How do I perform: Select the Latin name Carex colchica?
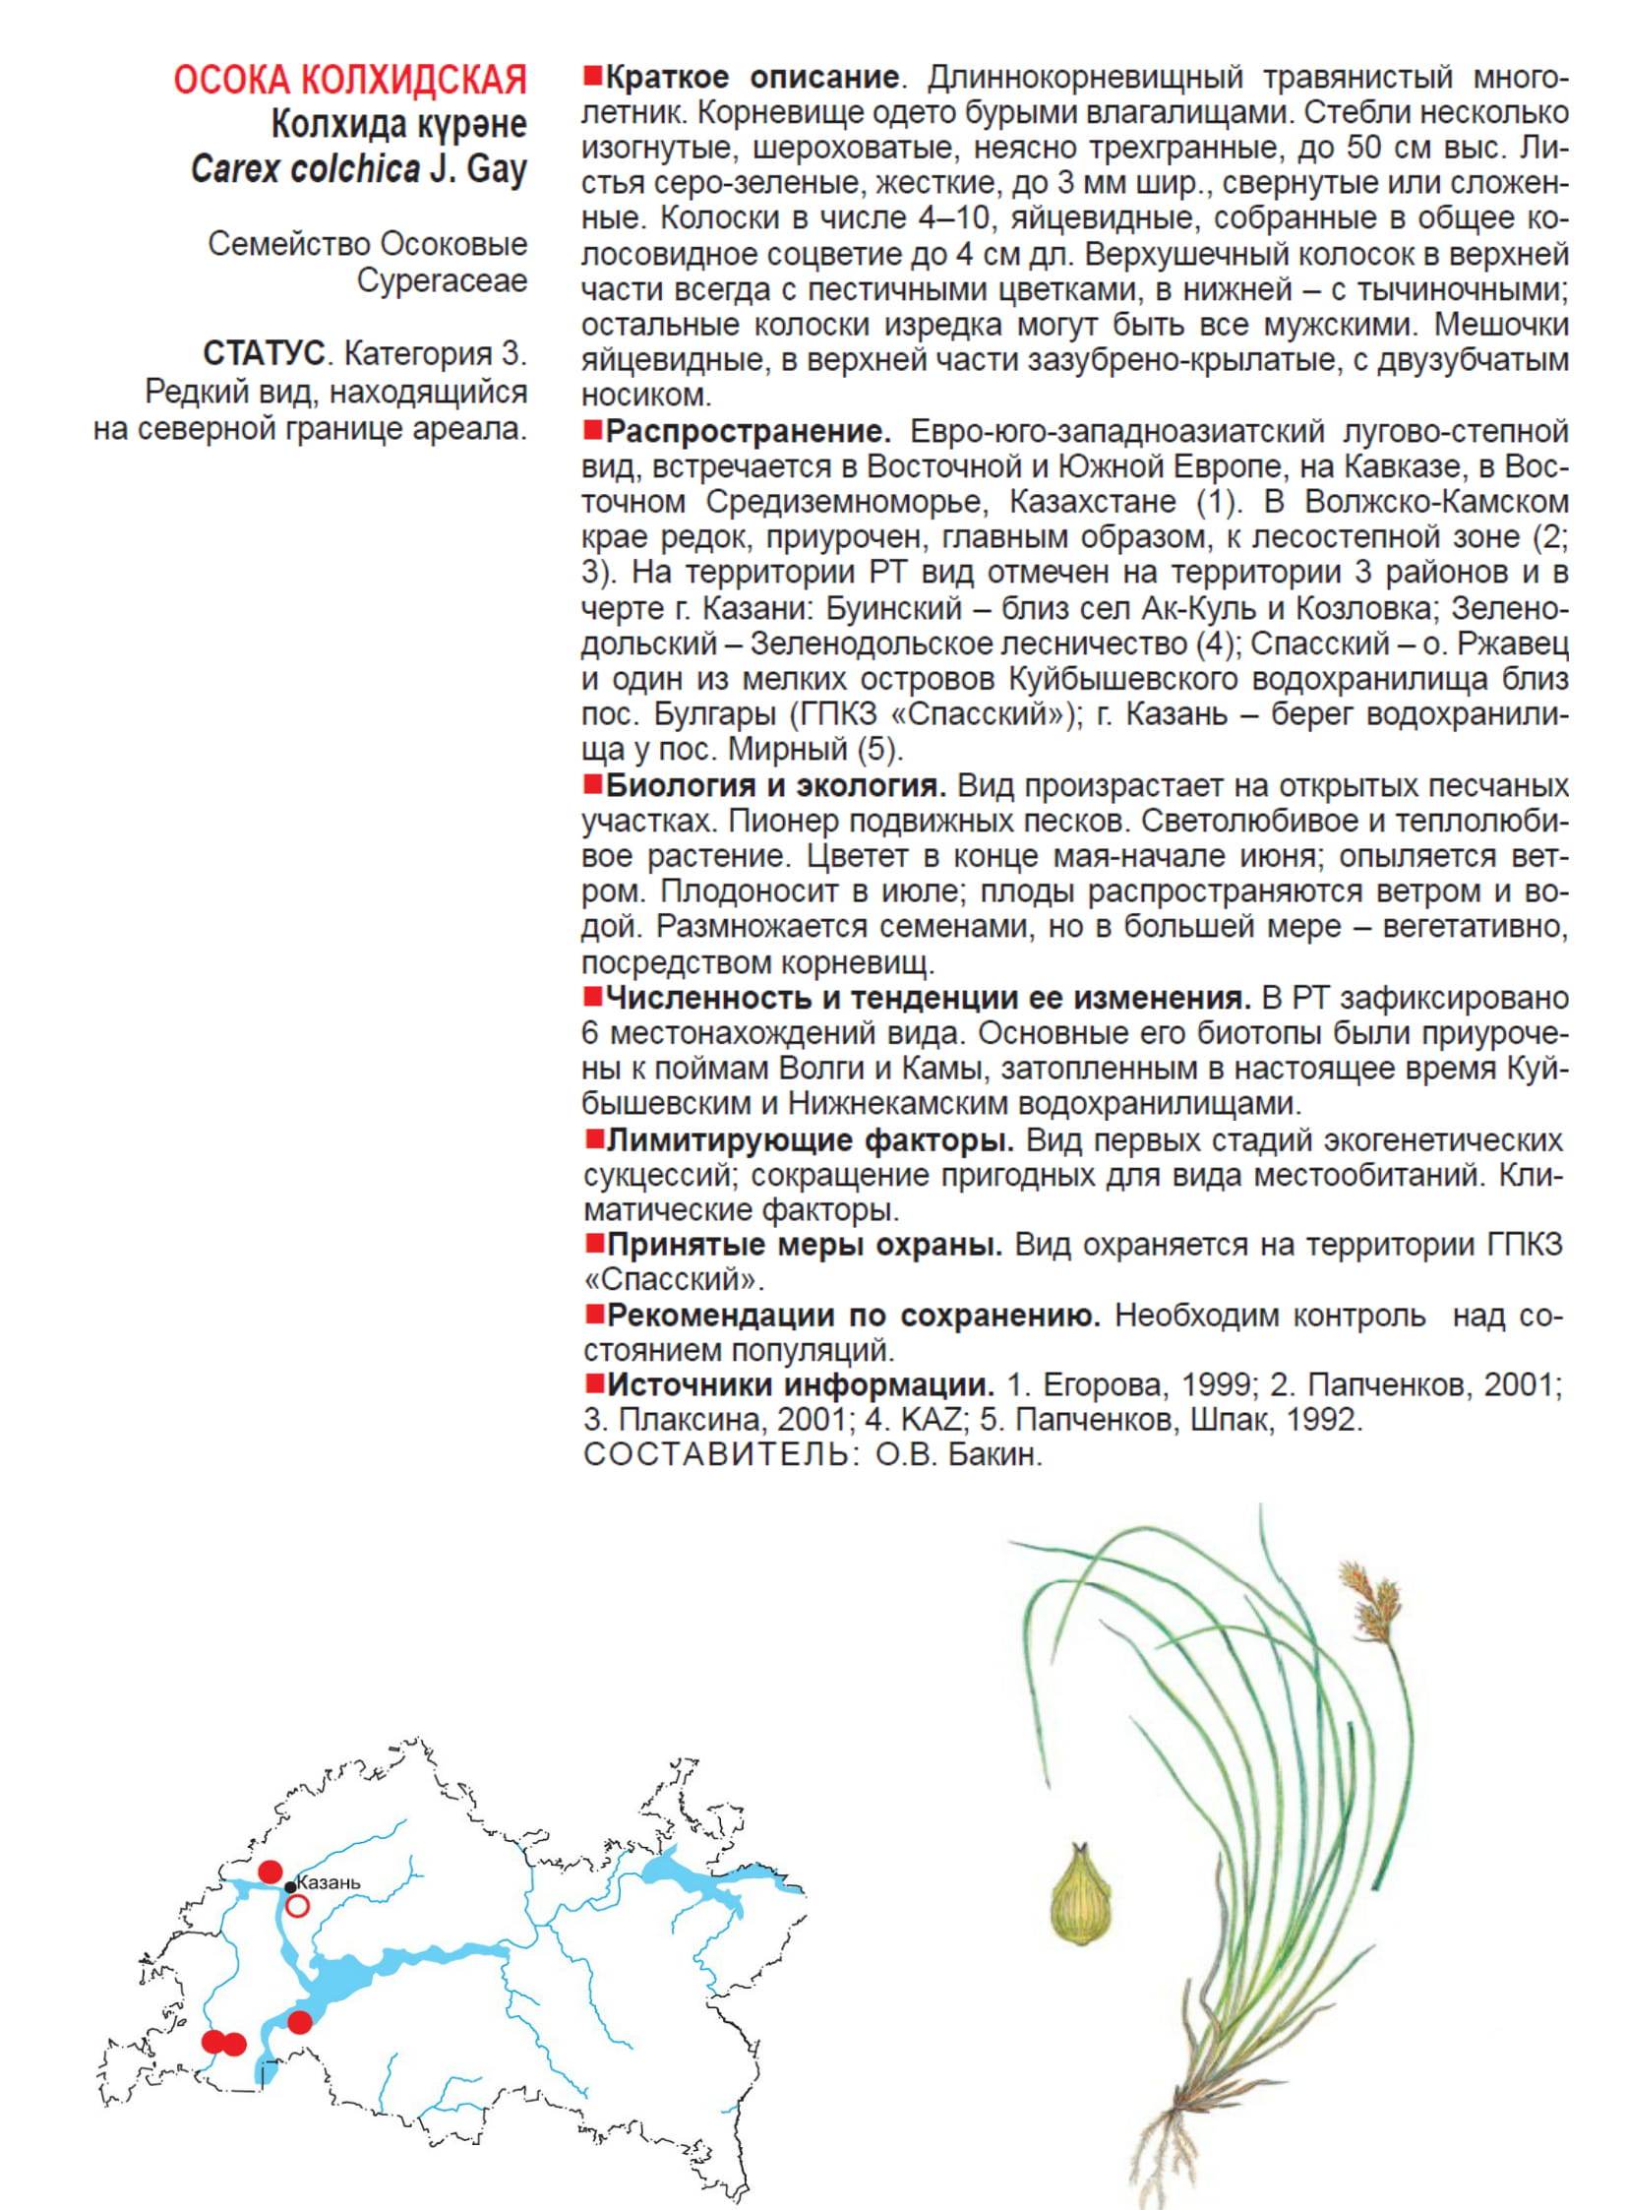(305, 169)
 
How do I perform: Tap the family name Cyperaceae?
(442, 280)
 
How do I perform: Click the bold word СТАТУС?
(263, 353)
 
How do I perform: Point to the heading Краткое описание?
(752, 77)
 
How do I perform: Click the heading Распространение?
(748, 431)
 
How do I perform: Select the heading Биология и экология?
(775, 785)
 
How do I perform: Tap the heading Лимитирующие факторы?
(810, 1140)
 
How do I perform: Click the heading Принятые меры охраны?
(804, 1246)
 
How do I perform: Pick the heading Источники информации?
(800, 1385)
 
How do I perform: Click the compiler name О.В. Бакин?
(958, 1455)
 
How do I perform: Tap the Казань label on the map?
(329, 1883)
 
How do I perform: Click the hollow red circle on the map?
(297, 1906)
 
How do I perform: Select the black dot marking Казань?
(290, 1887)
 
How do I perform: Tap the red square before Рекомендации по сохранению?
(593, 1315)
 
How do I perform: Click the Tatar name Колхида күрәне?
(398, 125)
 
